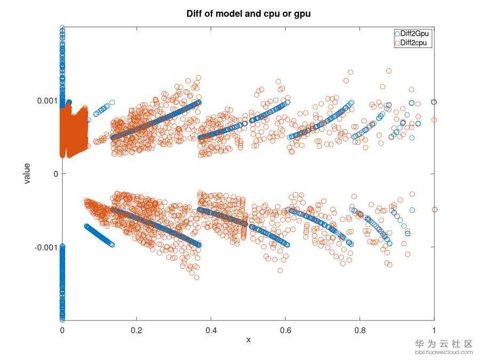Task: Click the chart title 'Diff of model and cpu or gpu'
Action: coord(248,14)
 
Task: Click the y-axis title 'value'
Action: coord(27,173)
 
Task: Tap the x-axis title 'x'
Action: coord(248,340)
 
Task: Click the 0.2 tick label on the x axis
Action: coord(137,330)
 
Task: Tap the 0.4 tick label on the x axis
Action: coord(211,330)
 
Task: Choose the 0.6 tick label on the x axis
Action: coord(285,330)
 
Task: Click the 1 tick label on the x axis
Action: coord(434,330)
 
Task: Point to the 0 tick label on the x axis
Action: coord(62,330)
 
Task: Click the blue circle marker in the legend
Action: coord(397,33)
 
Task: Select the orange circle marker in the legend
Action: coord(397,43)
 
